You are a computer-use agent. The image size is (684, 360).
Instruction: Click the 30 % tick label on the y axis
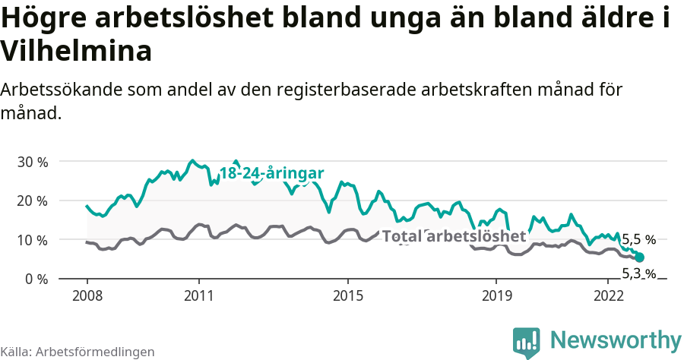click(32, 162)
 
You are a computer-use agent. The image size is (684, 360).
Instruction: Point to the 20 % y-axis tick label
click(32, 201)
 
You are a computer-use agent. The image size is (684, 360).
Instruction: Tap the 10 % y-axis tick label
click(32, 240)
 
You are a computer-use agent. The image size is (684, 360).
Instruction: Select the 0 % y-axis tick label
click(36, 279)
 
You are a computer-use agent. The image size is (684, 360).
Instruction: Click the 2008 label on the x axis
click(87, 295)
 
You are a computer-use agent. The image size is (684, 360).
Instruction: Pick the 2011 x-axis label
click(198, 295)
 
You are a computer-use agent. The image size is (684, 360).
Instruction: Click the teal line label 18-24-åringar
click(271, 173)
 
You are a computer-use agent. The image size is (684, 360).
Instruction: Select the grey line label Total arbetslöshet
click(454, 236)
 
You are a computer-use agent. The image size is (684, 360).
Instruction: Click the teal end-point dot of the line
click(639, 257)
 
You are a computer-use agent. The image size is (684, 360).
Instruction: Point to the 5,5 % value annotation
click(638, 239)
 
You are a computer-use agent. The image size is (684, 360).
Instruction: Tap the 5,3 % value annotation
click(638, 273)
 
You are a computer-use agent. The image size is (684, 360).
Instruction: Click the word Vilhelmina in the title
click(76, 51)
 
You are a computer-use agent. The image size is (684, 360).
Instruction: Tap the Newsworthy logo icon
click(527, 342)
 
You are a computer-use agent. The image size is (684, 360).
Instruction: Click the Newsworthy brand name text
click(616, 339)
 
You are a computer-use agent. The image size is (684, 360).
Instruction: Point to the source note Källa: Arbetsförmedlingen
click(78, 352)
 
